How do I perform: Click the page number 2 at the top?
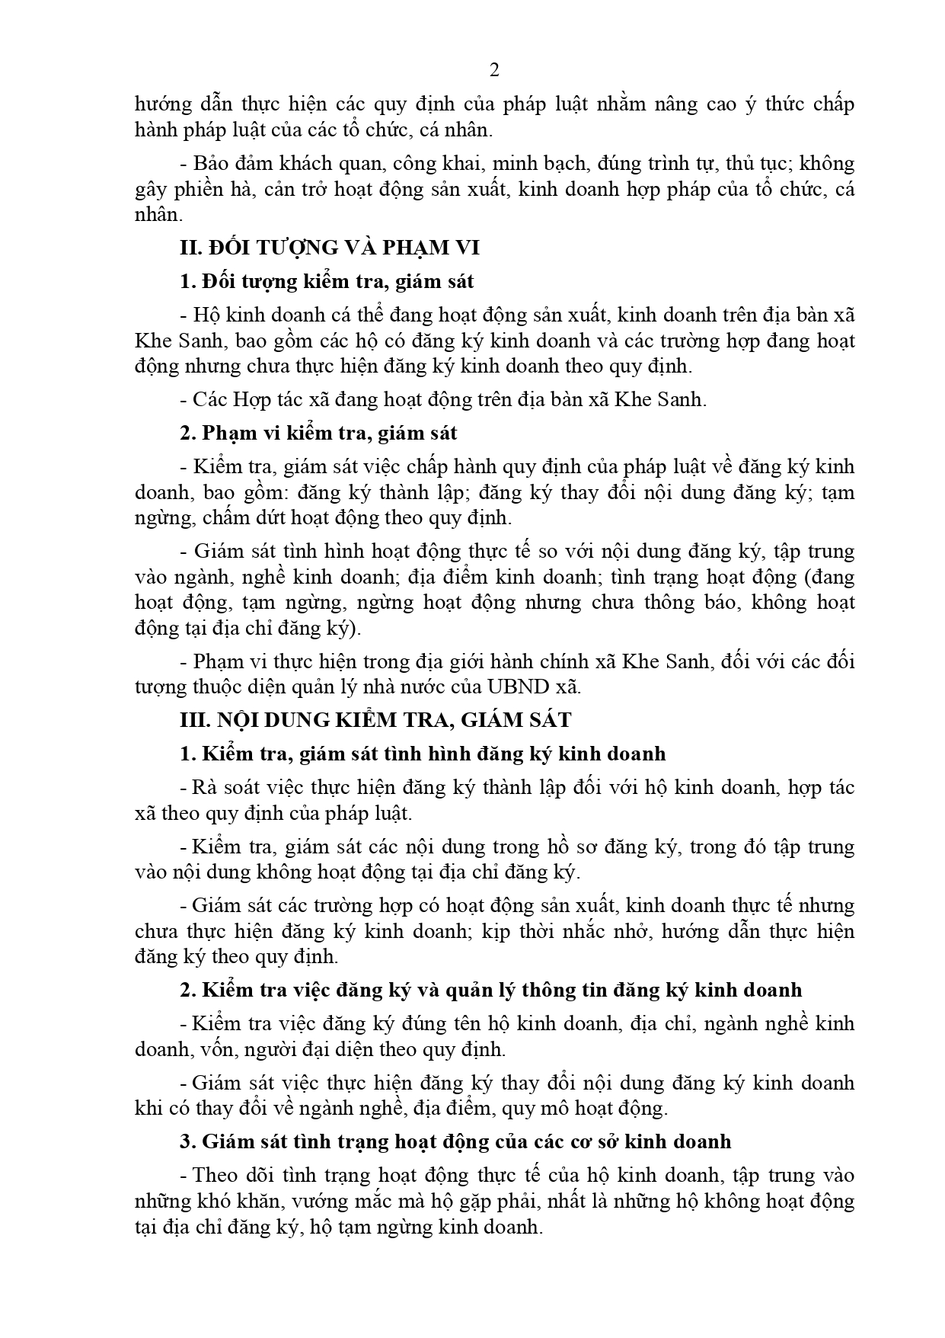pos(494,71)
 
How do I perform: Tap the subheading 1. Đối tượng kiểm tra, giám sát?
pos(327,281)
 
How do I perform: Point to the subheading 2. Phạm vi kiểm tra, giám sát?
pos(318,433)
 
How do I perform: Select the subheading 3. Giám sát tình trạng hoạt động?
pos(455,1141)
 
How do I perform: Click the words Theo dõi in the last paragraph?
pos(226,1176)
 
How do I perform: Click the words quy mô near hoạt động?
pos(529,1109)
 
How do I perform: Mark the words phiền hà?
pos(218,189)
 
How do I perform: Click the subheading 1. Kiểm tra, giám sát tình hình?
pos(423,754)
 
